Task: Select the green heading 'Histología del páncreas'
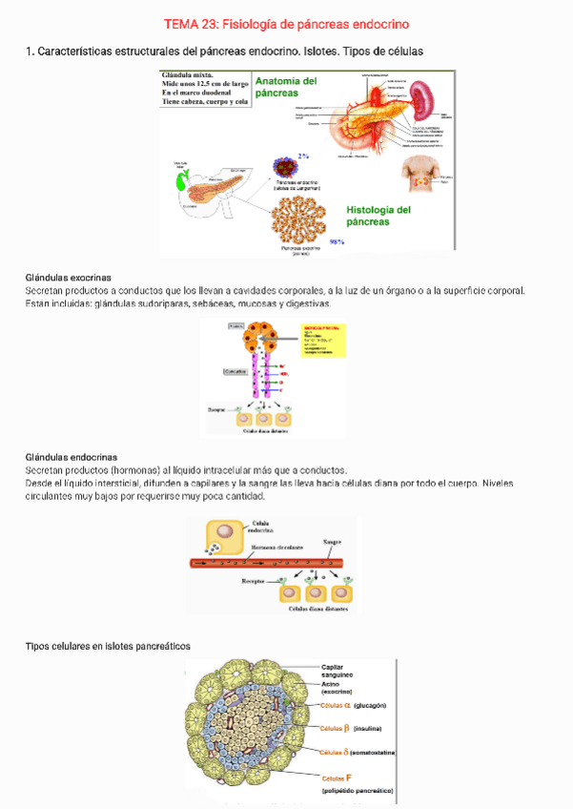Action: (x=378, y=216)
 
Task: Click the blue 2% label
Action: (x=303, y=156)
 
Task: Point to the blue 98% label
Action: (x=337, y=242)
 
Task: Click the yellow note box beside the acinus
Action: (x=322, y=339)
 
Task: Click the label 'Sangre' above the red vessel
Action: (x=332, y=542)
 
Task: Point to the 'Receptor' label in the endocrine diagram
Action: (x=253, y=580)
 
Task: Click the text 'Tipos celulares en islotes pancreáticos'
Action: (x=108, y=646)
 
